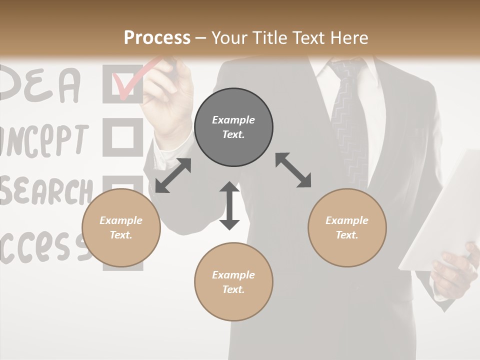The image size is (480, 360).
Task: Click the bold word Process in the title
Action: [157, 38]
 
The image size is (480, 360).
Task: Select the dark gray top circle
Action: [233, 127]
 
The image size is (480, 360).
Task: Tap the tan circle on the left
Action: [121, 228]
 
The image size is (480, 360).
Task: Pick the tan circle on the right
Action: [347, 228]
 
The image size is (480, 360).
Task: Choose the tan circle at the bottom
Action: [233, 282]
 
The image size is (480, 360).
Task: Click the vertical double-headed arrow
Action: [229, 205]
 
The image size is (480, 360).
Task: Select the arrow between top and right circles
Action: [293, 170]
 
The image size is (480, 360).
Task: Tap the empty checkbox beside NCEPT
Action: [122, 136]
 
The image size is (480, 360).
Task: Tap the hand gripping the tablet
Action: [452, 270]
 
